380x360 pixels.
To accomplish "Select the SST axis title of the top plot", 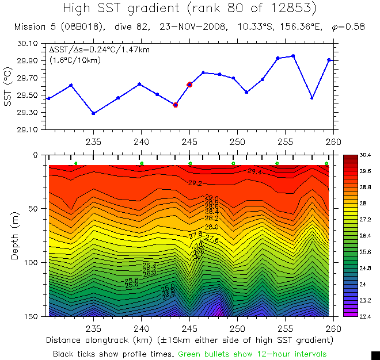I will coord(7,86).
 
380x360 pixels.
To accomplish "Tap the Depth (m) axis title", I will coord(16,235).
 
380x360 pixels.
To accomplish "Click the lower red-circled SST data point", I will coord(176,105).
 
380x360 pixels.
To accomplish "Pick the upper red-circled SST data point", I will coord(189,85).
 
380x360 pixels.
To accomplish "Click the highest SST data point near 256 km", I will coord(293,56).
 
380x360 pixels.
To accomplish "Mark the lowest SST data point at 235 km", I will coord(93,113).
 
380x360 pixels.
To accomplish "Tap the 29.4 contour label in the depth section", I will coord(254,171).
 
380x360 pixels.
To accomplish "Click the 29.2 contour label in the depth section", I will coord(195,183).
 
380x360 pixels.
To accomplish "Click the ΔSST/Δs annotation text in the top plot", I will coord(99,50).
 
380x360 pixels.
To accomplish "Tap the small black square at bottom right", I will coord(375,355).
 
